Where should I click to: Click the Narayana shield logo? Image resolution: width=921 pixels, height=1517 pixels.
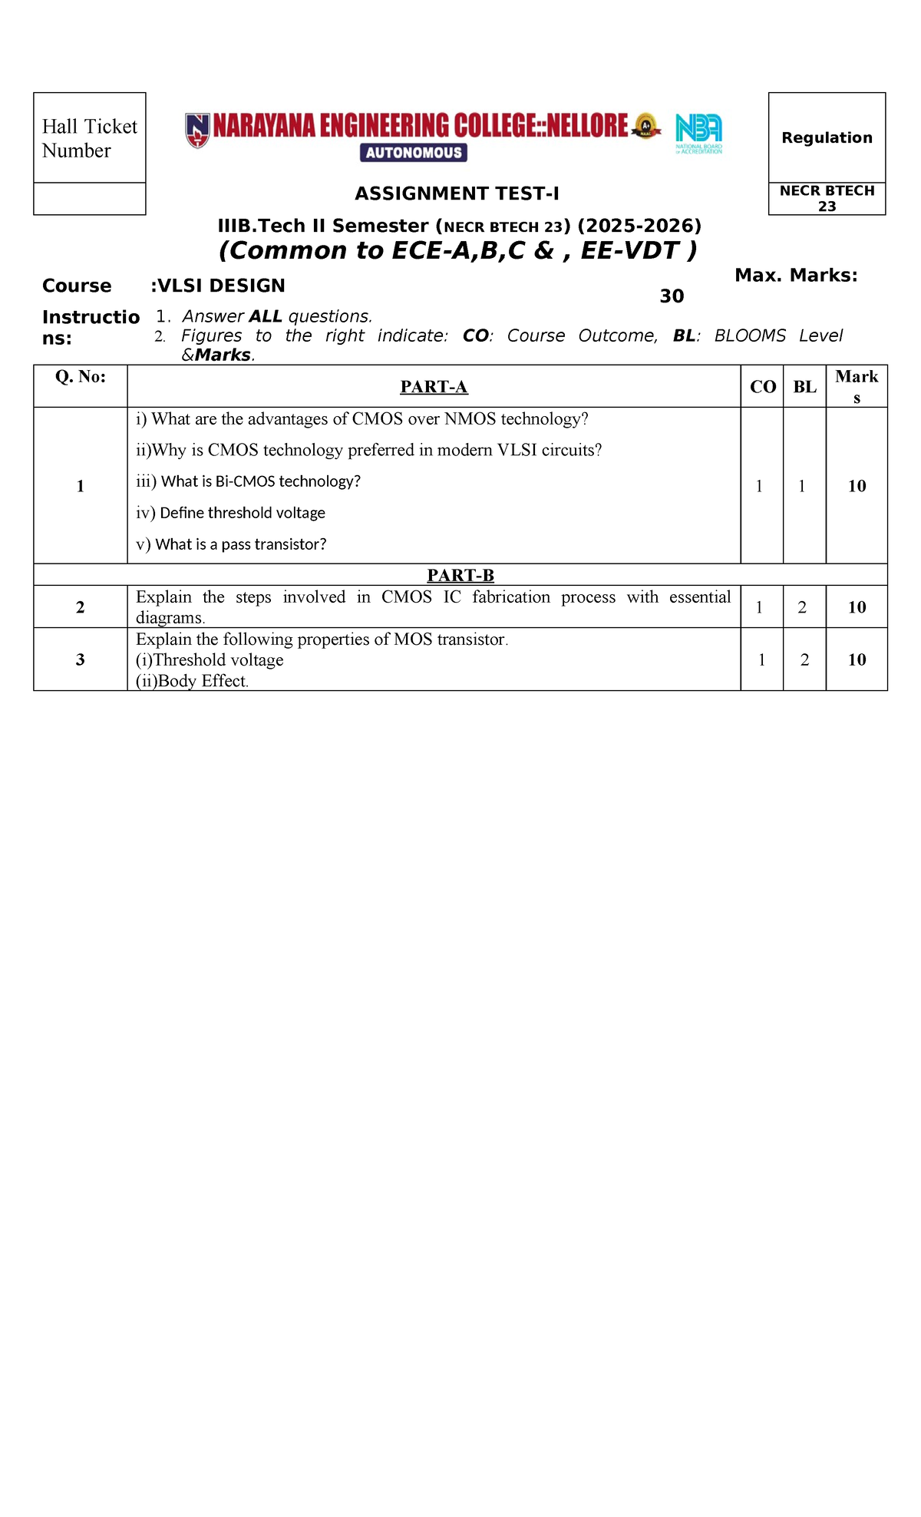coord(197,130)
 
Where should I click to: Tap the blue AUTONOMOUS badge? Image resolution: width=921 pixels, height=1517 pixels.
coord(414,153)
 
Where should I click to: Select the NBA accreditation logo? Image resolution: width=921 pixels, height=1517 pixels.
coord(698,133)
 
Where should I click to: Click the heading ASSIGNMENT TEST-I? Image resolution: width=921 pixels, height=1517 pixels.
coord(457,193)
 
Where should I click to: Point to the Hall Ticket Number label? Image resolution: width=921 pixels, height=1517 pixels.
coord(89,138)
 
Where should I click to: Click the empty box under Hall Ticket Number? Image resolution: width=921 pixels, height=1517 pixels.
coord(89,199)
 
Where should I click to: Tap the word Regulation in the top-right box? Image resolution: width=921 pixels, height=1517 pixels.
coord(827,137)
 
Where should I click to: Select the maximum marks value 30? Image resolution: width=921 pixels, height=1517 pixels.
coord(672,296)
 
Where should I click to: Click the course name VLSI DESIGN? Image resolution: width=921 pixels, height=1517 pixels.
coord(218,286)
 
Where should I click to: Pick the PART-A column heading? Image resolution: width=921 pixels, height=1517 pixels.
coord(434,387)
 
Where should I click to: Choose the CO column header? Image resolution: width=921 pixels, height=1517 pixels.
coord(762,387)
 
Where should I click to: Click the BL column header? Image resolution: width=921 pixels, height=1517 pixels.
coord(804,387)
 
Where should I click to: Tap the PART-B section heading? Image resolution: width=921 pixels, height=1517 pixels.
coord(460,575)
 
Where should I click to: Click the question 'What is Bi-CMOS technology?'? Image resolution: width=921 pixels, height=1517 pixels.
coord(249,481)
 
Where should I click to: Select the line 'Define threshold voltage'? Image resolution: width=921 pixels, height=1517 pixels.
coord(231,513)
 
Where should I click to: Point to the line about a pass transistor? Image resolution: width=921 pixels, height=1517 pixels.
coord(232,544)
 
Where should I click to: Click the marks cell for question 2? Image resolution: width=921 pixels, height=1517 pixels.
coord(857,607)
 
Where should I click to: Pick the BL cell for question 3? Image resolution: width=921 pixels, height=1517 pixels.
coord(804,659)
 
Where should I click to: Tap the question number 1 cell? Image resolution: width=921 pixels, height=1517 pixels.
coord(80,486)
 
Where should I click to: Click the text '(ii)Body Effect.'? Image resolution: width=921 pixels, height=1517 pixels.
coord(192,681)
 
